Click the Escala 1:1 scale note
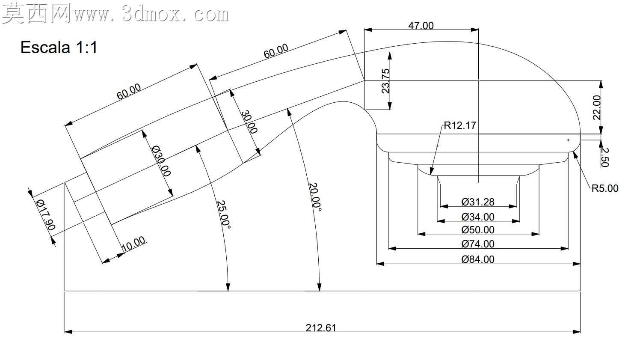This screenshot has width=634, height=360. [x=59, y=48]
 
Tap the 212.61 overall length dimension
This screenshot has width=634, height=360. [x=321, y=328]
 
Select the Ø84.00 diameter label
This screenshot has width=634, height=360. [x=478, y=259]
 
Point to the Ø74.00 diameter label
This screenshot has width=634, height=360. [x=478, y=244]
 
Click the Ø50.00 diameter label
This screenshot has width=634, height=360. [x=478, y=229]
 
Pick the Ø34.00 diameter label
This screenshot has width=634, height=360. [x=478, y=217]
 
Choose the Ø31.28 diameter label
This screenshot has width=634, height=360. [x=478, y=202]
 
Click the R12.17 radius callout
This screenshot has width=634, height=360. [x=460, y=125]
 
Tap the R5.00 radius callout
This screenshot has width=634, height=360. [x=605, y=188]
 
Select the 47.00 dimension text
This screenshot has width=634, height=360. [x=421, y=26]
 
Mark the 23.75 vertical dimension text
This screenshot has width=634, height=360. [x=385, y=81]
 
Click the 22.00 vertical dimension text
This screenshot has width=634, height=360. [x=597, y=107]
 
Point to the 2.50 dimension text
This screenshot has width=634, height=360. [x=604, y=157]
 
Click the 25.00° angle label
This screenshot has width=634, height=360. [x=224, y=215]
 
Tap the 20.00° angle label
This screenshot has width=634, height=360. [x=315, y=197]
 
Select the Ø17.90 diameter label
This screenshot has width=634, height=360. [x=46, y=215]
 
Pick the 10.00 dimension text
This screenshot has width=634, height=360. [x=133, y=243]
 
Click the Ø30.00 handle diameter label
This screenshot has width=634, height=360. [x=161, y=161]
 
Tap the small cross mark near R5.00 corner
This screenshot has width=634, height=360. [x=568, y=140]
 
